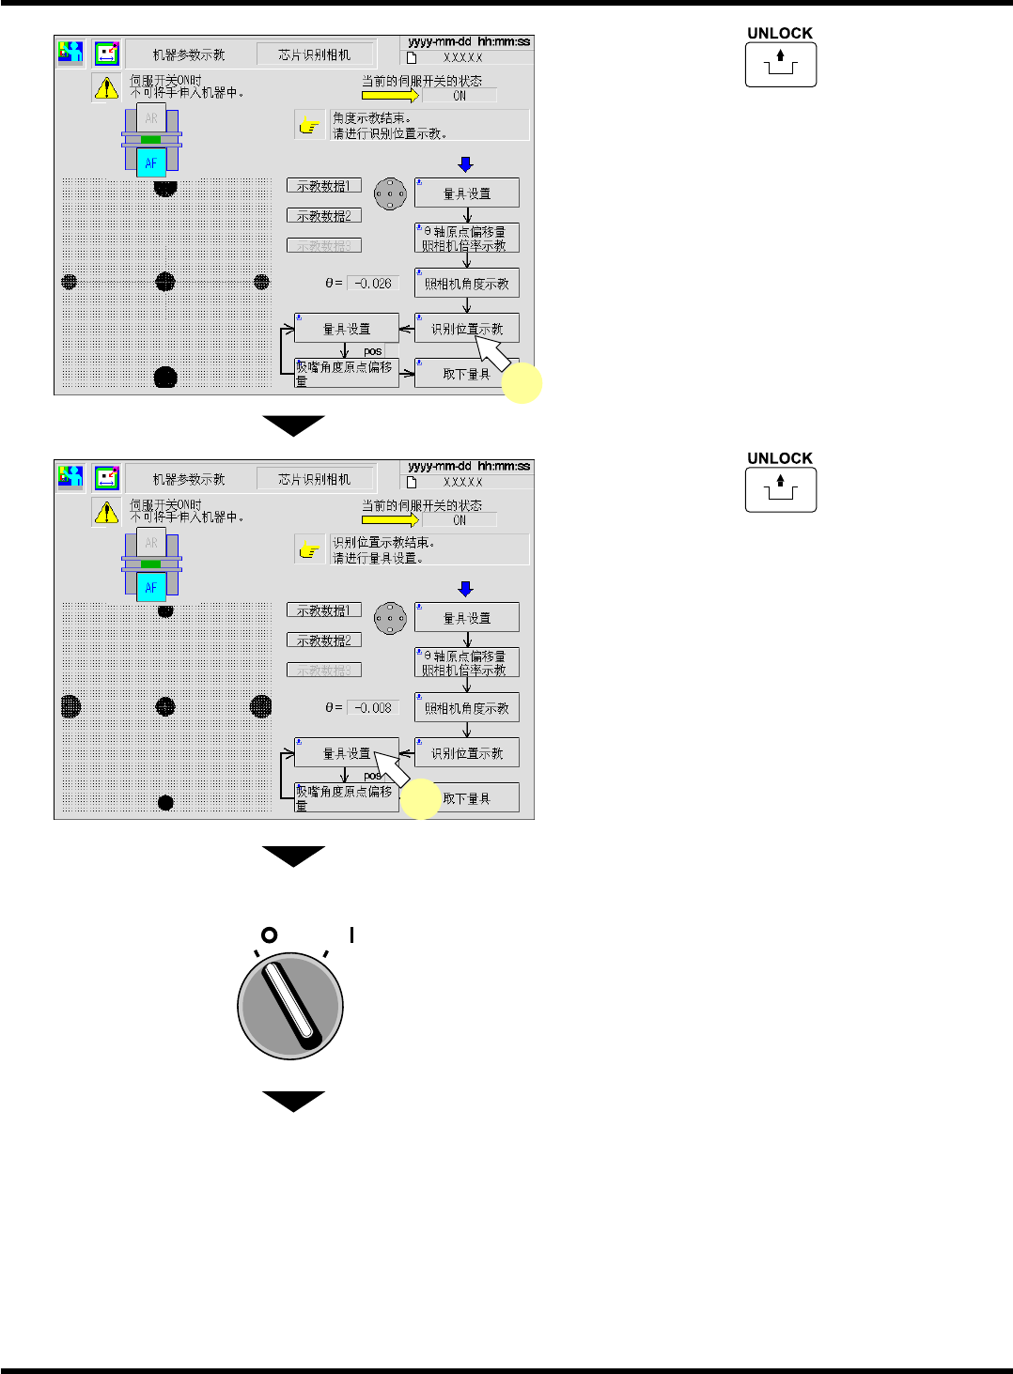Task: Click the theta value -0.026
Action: click(373, 283)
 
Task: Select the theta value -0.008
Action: click(373, 707)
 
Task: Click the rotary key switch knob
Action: click(290, 1006)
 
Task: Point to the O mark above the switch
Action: click(269, 935)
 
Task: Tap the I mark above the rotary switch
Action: click(351, 934)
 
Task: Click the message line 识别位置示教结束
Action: click(382, 543)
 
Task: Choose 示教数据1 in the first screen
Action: click(324, 186)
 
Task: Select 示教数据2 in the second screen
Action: click(324, 641)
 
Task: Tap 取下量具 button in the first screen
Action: click(467, 374)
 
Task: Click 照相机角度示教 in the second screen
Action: click(467, 708)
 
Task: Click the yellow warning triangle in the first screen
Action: click(106, 87)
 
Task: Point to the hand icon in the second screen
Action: click(308, 550)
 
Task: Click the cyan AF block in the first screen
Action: click(151, 163)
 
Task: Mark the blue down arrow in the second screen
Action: click(465, 589)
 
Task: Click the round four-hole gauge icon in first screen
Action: click(390, 194)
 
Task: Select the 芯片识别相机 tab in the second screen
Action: click(315, 479)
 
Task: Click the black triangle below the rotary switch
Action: click(293, 1101)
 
